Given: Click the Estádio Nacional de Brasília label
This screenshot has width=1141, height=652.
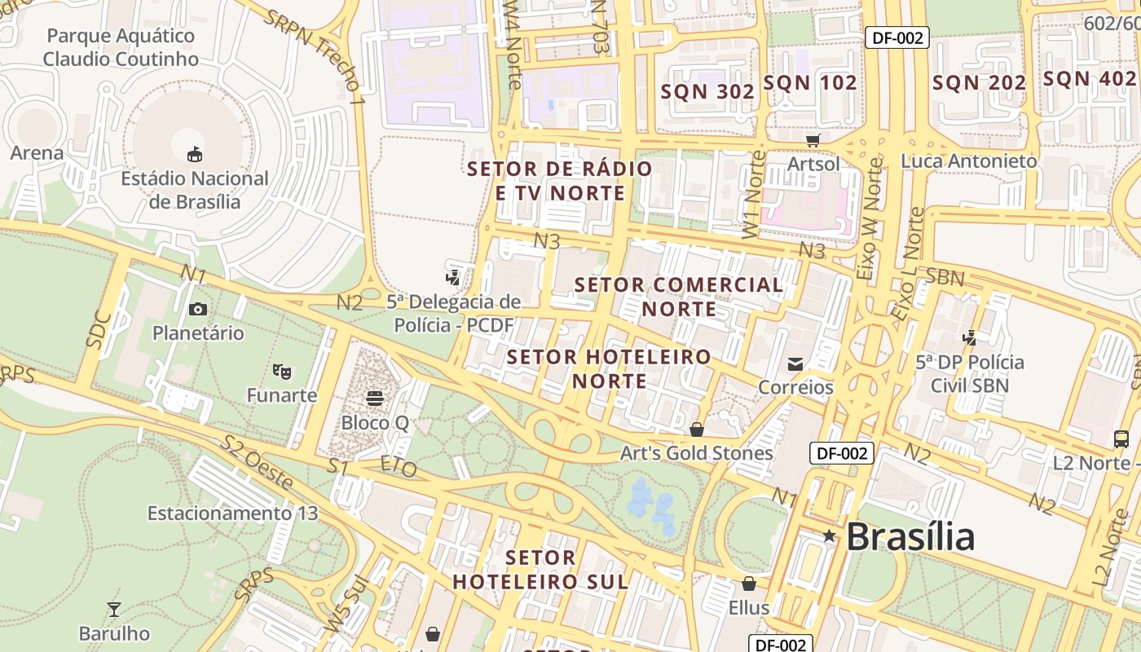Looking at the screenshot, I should tap(195, 190).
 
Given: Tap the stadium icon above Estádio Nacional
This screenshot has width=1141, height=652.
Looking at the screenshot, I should tap(195, 154).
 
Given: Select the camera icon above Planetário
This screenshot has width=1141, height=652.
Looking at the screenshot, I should tap(197, 309).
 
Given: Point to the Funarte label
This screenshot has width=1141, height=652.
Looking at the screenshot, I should tap(282, 395).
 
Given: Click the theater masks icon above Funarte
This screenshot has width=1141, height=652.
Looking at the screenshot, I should tap(282, 372).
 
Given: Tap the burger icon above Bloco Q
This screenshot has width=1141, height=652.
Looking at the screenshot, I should tap(375, 399).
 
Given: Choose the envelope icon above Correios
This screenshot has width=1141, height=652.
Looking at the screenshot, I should tap(795, 363).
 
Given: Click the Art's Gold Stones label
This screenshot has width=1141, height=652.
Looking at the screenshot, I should tap(697, 453).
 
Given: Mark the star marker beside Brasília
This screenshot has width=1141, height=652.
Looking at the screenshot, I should tap(829, 536).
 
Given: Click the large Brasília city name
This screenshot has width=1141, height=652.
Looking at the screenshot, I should tap(910, 537).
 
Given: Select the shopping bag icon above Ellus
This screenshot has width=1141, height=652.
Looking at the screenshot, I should tap(749, 584).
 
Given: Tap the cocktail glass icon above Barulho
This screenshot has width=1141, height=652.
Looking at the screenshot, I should tap(114, 610).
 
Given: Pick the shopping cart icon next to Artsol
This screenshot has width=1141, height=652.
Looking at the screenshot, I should tap(813, 140).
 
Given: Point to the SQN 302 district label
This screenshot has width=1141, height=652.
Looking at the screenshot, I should tap(707, 91).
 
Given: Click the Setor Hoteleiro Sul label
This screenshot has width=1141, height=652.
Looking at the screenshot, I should tap(540, 570).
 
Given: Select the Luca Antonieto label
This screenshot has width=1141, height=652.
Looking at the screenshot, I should tap(968, 161).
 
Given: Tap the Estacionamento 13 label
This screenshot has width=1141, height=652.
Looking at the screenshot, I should tap(232, 513).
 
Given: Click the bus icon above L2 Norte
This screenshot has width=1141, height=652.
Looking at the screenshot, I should tap(1121, 439).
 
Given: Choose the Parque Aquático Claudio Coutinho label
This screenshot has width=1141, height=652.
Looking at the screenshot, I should tap(121, 47).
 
